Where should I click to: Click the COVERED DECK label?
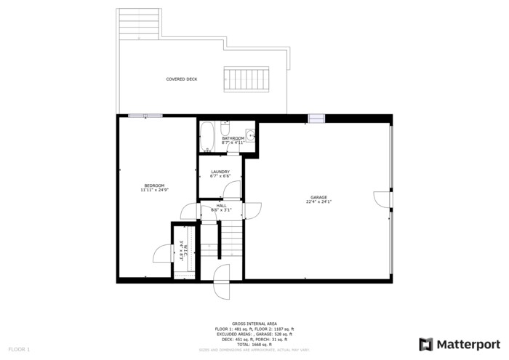(x=181, y=79)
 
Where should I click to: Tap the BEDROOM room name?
(x=154, y=185)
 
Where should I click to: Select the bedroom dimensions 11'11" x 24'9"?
(x=154, y=190)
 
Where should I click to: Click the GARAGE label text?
(x=318, y=197)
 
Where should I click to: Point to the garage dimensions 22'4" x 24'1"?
(x=318, y=202)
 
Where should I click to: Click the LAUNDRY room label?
(x=220, y=171)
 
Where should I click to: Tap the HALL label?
(x=221, y=205)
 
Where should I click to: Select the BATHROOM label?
(x=233, y=138)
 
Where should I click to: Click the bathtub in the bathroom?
(x=206, y=136)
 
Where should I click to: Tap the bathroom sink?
(x=250, y=134)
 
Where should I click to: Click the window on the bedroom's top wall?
(x=145, y=116)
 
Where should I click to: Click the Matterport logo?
(x=460, y=344)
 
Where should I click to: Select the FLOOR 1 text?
(x=19, y=350)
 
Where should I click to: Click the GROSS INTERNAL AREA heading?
(x=254, y=324)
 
